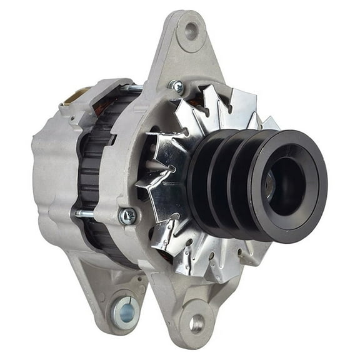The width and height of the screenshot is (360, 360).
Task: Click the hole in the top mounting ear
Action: point(191,30)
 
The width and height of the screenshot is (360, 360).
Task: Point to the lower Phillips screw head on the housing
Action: point(128,216)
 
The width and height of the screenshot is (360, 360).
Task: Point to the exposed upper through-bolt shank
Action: point(132,89)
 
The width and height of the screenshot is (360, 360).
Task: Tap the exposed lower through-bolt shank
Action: point(87,214)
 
